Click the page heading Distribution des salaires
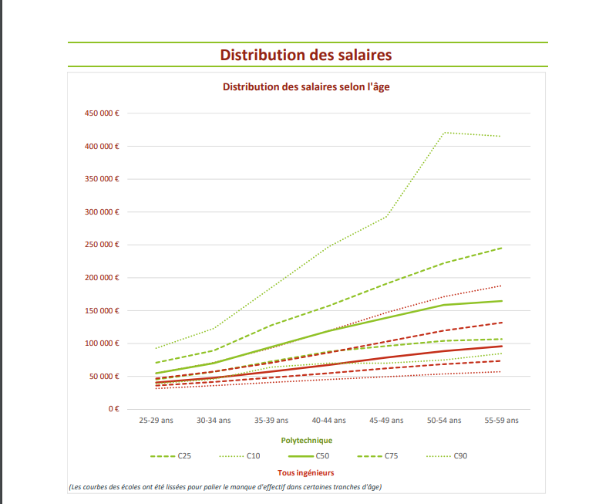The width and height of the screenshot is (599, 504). pos(306,55)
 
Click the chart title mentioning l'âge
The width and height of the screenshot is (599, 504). pos(306,87)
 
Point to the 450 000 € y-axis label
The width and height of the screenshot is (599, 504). pos(102,113)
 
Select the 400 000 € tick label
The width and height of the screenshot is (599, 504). pos(102,147)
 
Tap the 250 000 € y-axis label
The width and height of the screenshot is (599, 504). pos(102,245)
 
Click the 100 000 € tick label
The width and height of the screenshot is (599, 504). pos(102,343)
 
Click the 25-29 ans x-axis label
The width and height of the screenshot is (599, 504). pos(156,421)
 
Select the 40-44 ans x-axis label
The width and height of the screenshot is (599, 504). pos(328,421)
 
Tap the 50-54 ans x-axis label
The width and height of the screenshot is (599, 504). pos(444,421)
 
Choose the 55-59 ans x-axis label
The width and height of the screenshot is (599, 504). pos(501,421)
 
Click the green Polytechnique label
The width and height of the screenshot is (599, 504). pos(307,440)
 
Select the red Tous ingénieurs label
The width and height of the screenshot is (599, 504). pos(306,472)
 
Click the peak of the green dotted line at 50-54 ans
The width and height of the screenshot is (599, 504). pos(444,133)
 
